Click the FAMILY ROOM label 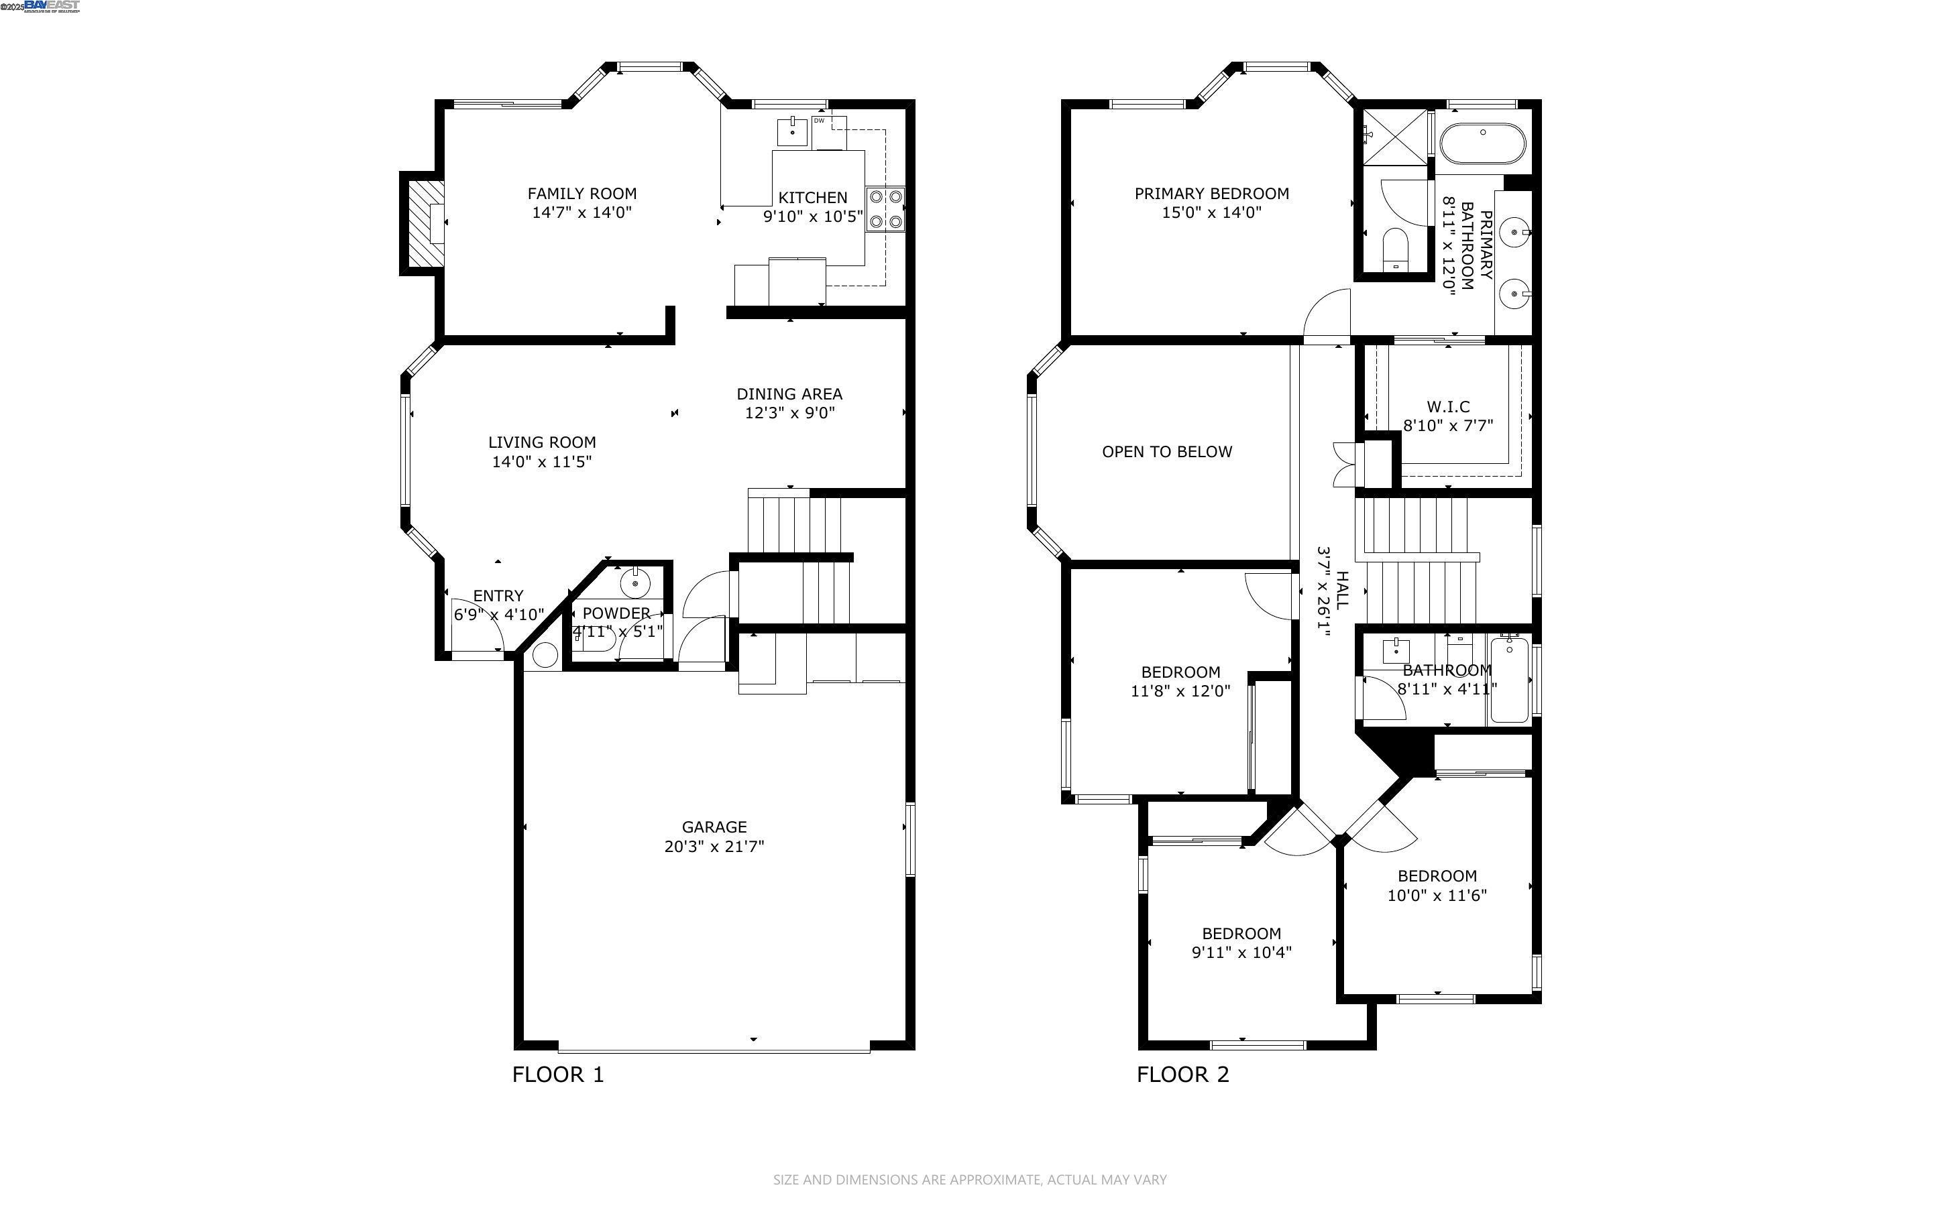point(581,193)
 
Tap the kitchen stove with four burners point(885,208)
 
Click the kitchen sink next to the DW point(792,131)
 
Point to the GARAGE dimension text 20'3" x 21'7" point(714,847)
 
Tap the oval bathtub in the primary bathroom point(1482,144)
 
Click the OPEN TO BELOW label point(1166,452)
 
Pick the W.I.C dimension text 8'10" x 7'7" point(1447,426)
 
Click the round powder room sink point(636,583)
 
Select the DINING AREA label point(789,393)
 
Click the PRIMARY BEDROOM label point(1211,193)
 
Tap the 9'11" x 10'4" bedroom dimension point(1241,953)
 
